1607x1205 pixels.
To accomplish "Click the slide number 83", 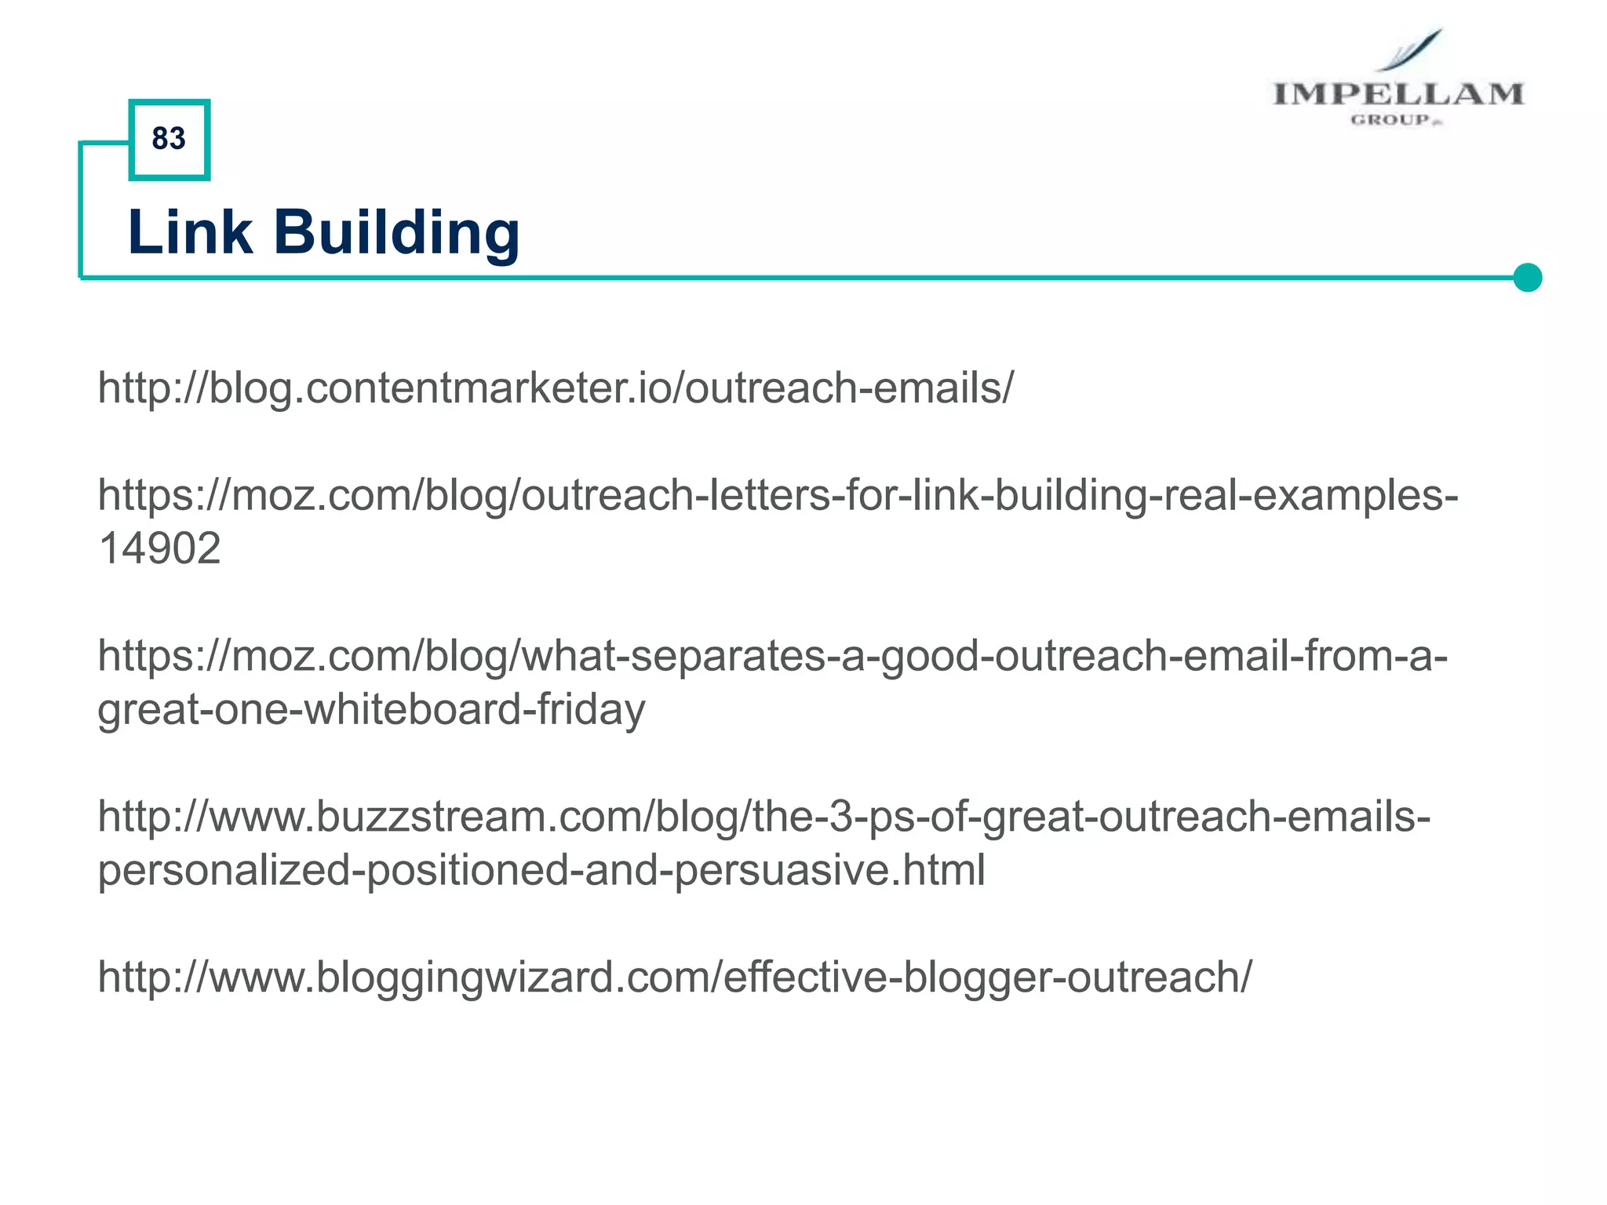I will pyautogui.click(x=169, y=139).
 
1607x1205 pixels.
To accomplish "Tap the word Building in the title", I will pyautogui.click(x=396, y=234).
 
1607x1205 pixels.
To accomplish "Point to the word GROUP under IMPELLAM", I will pyautogui.click(x=1390, y=120).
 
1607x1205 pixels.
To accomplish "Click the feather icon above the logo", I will pyautogui.click(x=1412, y=49).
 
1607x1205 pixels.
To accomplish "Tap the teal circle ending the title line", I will pyautogui.click(x=1527, y=278).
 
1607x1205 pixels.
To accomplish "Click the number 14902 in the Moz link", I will pyautogui.click(x=159, y=548).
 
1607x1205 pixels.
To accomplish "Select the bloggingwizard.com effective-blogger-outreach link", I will pyautogui.click(x=675, y=977).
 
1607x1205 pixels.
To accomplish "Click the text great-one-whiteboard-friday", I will pyautogui.click(x=371, y=709).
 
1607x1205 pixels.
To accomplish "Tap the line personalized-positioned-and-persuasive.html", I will pyautogui.click(x=541, y=870).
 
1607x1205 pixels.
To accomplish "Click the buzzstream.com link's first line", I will pyautogui.click(x=763, y=817).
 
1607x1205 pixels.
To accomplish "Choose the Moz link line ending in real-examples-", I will pyautogui.click(x=778, y=495).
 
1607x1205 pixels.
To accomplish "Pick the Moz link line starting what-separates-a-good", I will pyautogui.click(x=773, y=656).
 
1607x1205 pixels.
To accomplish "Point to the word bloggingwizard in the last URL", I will pyautogui.click(x=463, y=977).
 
